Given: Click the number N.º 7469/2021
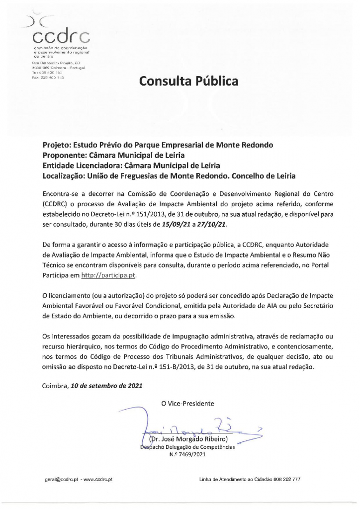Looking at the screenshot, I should pos(186,454).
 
